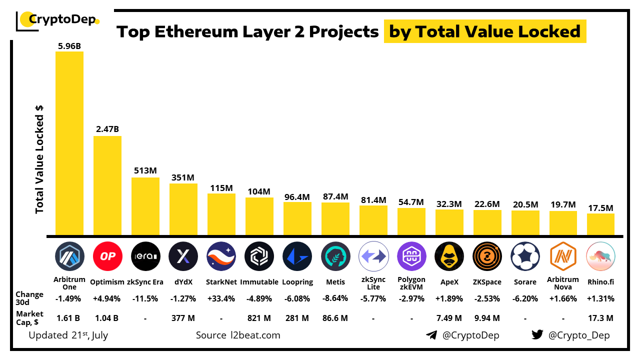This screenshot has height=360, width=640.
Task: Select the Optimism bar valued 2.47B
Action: (107, 185)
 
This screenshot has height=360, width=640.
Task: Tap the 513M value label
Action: (145, 170)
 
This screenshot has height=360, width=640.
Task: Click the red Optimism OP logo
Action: (107, 256)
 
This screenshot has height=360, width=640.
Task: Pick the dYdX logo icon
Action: (183, 256)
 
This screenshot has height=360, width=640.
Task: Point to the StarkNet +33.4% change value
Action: (221, 299)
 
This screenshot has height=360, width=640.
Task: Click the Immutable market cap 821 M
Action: (259, 318)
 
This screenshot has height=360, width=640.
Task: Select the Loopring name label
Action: (297, 282)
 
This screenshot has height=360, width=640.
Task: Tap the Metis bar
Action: (335, 219)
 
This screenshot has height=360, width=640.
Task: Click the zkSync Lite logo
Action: (373, 256)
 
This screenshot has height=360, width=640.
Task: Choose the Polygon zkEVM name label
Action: (411, 283)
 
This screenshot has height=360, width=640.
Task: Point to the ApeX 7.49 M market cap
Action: (449, 318)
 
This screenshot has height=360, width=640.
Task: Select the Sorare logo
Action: (525, 256)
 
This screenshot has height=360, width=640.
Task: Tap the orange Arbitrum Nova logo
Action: (563, 256)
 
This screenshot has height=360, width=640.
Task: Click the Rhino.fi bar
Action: (600, 224)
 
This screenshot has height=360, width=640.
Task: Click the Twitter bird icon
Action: (537, 335)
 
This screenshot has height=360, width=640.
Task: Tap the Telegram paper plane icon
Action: (431, 335)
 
